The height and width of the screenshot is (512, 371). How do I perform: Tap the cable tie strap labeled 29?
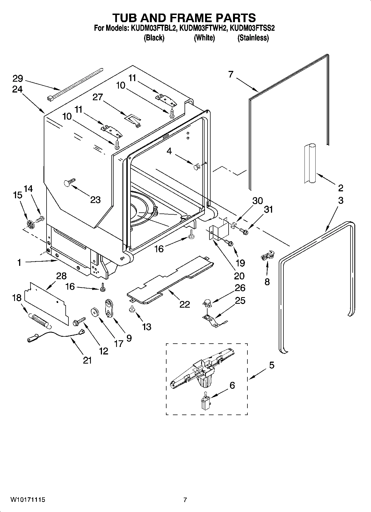pyautogui.click(x=75, y=83)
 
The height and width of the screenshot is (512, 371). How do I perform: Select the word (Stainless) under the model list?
pyautogui.click(x=253, y=38)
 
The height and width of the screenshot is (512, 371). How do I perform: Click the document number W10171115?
pyautogui.click(x=28, y=500)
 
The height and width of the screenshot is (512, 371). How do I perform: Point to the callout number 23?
pyautogui.click(x=95, y=200)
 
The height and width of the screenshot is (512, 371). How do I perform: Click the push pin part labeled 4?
pyautogui.click(x=196, y=167)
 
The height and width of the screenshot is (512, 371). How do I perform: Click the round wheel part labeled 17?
pyautogui.click(x=95, y=312)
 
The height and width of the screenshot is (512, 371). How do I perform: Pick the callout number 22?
pyautogui.click(x=185, y=304)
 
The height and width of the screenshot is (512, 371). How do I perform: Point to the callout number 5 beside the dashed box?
pyautogui.click(x=272, y=365)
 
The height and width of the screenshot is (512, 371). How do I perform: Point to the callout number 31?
pyautogui.click(x=268, y=209)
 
